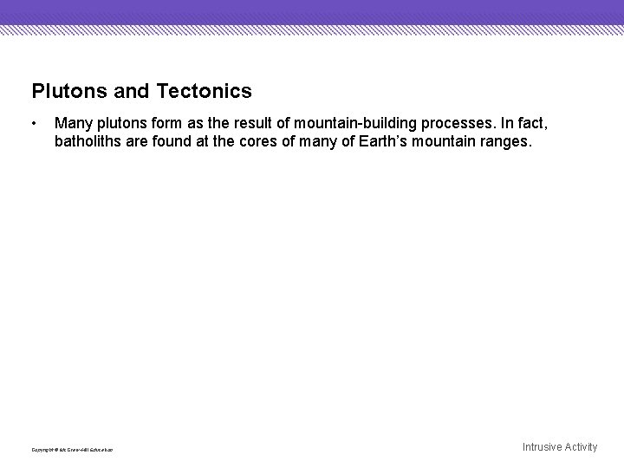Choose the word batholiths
pyautogui.click(x=86, y=140)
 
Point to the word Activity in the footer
pyautogui.click(x=582, y=447)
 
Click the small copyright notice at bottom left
pyautogui.click(x=72, y=449)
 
